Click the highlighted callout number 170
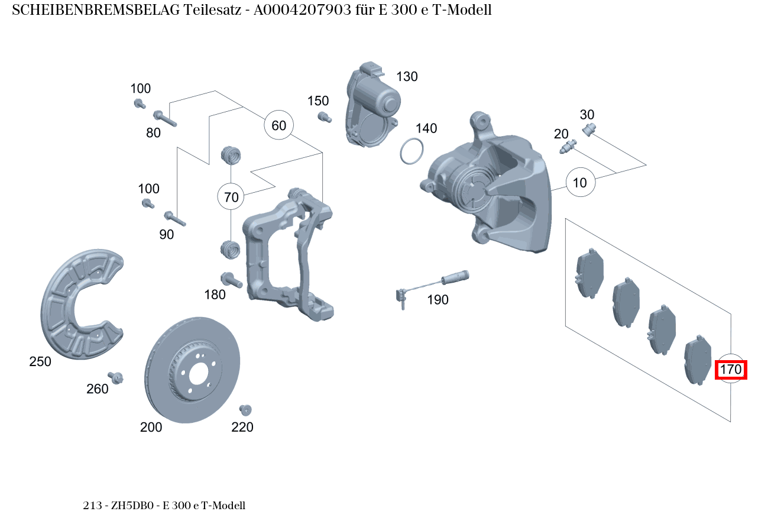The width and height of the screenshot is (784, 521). (x=731, y=370)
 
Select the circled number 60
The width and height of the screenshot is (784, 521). (x=278, y=125)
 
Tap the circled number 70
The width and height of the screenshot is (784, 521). (x=232, y=197)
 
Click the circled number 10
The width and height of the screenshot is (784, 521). (x=580, y=183)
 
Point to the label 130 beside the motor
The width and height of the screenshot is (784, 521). (x=407, y=77)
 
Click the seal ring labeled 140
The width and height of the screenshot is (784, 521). (x=412, y=151)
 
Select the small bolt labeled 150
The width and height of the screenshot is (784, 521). (x=323, y=117)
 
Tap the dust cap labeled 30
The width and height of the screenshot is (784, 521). (x=589, y=130)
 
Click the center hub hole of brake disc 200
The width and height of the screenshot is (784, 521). (x=199, y=373)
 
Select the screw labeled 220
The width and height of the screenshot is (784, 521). (x=245, y=409)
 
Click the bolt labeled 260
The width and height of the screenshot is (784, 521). (x=116, y=377)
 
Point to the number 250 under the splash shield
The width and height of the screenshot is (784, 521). (x=40, y=362)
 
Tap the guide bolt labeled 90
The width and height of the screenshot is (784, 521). (x=175, y=219)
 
